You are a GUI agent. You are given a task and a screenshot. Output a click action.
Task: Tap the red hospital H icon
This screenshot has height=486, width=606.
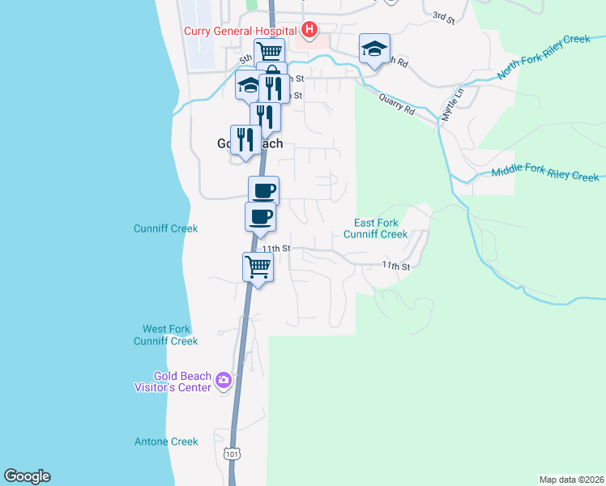tap(308, 31)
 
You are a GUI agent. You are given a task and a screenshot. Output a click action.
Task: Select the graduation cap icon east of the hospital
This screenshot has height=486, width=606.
tap(374, 49)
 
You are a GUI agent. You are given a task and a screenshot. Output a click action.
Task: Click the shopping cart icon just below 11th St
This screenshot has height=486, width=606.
tap(258, 266)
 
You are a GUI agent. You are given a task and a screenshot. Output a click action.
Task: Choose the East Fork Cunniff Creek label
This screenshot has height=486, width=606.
tap(375, 228)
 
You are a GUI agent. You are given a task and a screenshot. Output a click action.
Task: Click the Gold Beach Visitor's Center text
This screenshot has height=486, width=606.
tap(182, 381)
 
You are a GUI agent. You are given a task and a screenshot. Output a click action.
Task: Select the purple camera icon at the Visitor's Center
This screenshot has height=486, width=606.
tap(224, 380)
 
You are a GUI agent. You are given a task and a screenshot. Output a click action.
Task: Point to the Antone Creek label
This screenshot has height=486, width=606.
tap(166, 441)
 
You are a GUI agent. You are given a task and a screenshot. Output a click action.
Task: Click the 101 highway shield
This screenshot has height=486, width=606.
tap(233, 454)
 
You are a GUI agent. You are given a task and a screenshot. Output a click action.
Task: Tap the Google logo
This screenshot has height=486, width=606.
tap(27, 475)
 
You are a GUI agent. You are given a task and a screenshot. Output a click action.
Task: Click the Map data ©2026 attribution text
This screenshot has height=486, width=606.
tap(571, 480)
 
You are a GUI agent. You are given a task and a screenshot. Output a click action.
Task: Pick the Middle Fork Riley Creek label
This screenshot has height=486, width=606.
tap(545, 174)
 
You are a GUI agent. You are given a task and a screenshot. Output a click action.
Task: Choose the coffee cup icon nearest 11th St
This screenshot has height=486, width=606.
tap(260, 217)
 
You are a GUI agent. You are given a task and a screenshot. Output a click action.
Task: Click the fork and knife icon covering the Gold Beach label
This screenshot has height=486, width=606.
tap(245, 140)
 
